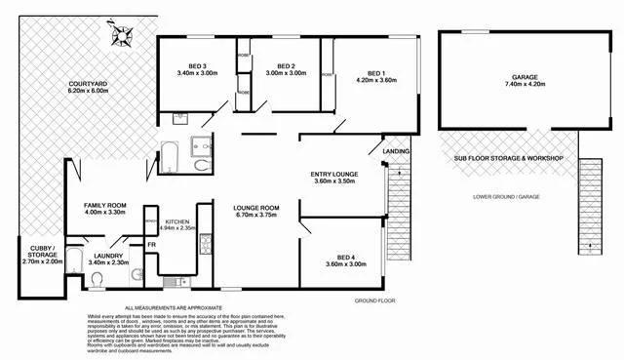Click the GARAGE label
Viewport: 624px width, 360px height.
coord(525,76)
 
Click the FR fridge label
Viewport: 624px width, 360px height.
coord(152,243)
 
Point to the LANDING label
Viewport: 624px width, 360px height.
coord(396,152)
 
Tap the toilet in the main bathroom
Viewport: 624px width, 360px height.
coord(202,166)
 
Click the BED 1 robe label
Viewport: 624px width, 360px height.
coord(329,74)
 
